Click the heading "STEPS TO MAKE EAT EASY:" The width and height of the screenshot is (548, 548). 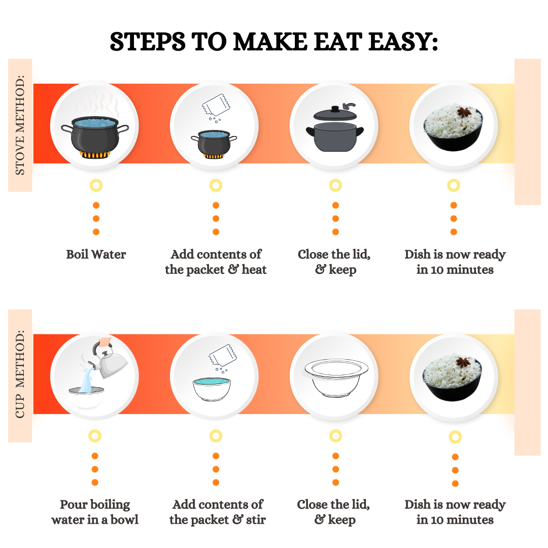[x=273, y=42]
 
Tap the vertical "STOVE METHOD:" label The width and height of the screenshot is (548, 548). [x=20, y=125]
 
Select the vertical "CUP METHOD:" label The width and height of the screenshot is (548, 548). [x=20, y=374]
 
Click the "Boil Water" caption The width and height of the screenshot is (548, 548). [x=96, y=254]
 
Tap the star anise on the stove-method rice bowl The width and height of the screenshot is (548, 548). [x=464, y=113]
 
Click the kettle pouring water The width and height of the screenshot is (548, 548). [x=109, y=360]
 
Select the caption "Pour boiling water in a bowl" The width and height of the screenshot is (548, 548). [x=95, y=512]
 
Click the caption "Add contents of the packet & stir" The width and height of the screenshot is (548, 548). [x=217, y=512]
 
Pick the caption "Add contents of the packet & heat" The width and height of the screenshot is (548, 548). [x=216, y=262]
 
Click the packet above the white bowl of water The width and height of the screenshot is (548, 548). [x=222, y=355]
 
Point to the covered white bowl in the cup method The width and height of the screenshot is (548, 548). [x=336, y=378]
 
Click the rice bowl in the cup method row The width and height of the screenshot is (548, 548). [x=452, y=378]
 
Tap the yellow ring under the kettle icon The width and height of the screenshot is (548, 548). [x=95, y=436]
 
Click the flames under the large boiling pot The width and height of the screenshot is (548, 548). [x=95, y=154]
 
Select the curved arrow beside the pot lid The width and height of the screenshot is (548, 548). [x=349, y=106]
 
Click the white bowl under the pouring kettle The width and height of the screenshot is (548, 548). [x=86, y=397]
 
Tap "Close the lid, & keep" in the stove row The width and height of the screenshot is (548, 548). [x=334, y=262]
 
